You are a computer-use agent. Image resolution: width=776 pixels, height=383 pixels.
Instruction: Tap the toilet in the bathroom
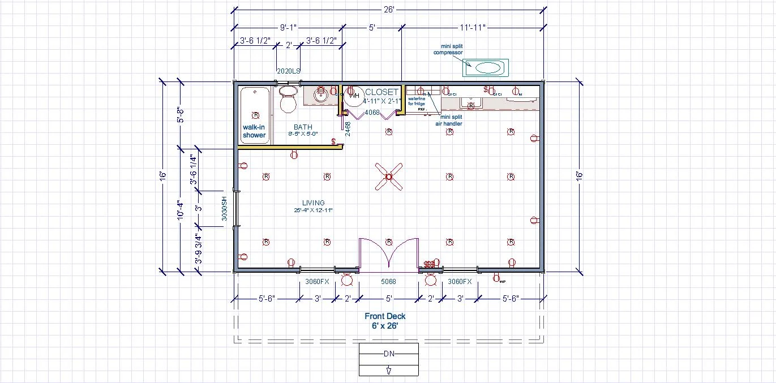pyautogui.click(x=289, y=100)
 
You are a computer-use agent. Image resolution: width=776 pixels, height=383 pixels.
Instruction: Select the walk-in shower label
pyautogui.click(x=254, y=131)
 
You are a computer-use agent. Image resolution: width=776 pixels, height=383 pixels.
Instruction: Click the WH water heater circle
pyautogui.click(x=354, y=96)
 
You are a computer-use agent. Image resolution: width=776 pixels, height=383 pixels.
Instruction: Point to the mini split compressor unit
pyautogui.click(x=487, y=68)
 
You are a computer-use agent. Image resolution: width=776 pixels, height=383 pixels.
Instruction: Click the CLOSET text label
pyautogui.click(x=382, y=92)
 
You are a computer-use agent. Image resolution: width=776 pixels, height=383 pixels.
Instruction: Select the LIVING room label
pyautogui.click(x=313, y=203)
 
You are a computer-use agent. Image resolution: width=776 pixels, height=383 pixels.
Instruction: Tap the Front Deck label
pyautogui.click(x=385, y=316)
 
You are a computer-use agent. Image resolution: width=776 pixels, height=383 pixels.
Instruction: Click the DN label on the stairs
pyautogui.click(x=388, y=354)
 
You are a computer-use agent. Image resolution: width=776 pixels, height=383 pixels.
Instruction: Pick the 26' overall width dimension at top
pyautogui.click(x=388, y=9)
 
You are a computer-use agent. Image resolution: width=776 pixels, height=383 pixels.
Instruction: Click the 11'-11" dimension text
pyautogui.click(x=473, y=27)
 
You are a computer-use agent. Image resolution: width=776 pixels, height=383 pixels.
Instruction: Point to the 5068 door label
pyautogui.click(x=388, y=281)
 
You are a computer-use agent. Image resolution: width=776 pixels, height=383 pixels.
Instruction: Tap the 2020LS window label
pyautogui.click(x=288, y=71)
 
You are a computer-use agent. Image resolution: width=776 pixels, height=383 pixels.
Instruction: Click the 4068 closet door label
pyautogui.click(x=372, y=113)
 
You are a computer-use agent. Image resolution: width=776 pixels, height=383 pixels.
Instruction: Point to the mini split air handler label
pyautogui.click(x=449, y=121)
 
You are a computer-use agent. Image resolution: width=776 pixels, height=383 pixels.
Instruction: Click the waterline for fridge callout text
pyautogui.click(x=417, y=101)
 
